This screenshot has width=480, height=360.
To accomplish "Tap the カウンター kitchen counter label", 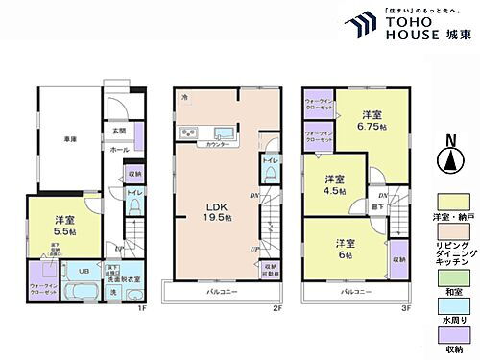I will point(217,144).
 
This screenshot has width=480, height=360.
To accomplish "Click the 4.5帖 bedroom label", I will point(334,183).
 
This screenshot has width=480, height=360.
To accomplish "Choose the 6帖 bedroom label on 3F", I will point(346,249).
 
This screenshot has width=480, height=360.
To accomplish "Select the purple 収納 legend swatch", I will point(444,336).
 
